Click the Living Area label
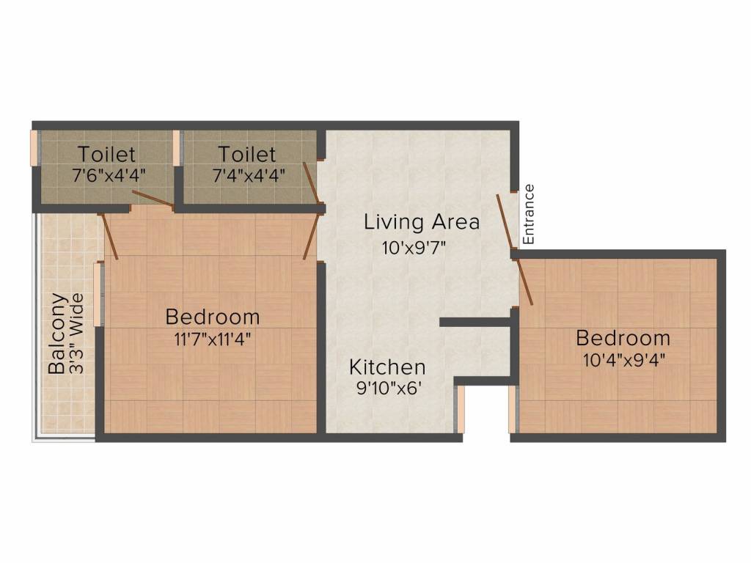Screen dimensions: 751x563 [x=422, y=222]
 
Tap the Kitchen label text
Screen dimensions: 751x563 [x=387, y=367]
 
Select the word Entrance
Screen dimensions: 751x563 [x=528, y=214]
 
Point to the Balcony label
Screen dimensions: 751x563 [x=58, y=334]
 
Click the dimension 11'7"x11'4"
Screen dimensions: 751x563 [x=212, y=339]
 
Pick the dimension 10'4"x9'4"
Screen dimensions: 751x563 [x=623, y=359]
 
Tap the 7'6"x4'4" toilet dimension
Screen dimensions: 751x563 [x=109, y=176]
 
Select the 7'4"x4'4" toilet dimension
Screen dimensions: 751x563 [x=249, y=176]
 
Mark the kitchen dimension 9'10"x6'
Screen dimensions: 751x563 [x=389, y=388]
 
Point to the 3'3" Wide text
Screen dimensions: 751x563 [x=76, y=334]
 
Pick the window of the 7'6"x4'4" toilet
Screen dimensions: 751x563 [x=34, y=148]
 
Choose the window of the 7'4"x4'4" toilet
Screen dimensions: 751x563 [x=176, y=148]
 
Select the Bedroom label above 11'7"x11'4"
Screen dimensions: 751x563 [x=212, y=317]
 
